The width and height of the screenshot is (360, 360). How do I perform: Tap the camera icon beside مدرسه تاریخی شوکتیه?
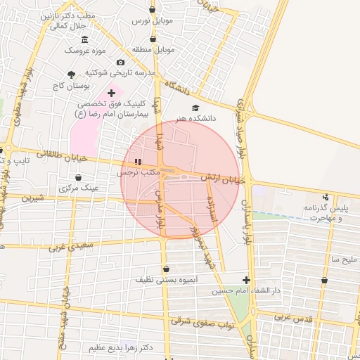coord(120,63)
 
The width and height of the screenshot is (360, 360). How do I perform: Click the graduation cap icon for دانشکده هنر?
coord(195,108)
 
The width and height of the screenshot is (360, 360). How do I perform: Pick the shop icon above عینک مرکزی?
coord(77,178)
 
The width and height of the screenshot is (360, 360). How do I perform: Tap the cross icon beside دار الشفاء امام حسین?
coord(245,280)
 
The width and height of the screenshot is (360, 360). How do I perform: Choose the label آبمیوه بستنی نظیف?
coord(166,280)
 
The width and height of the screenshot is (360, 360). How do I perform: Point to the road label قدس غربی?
coord(290,317)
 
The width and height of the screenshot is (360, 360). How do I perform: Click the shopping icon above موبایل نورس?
coord(153,11)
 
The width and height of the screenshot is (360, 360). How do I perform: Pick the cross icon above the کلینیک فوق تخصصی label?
coord(110,92)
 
